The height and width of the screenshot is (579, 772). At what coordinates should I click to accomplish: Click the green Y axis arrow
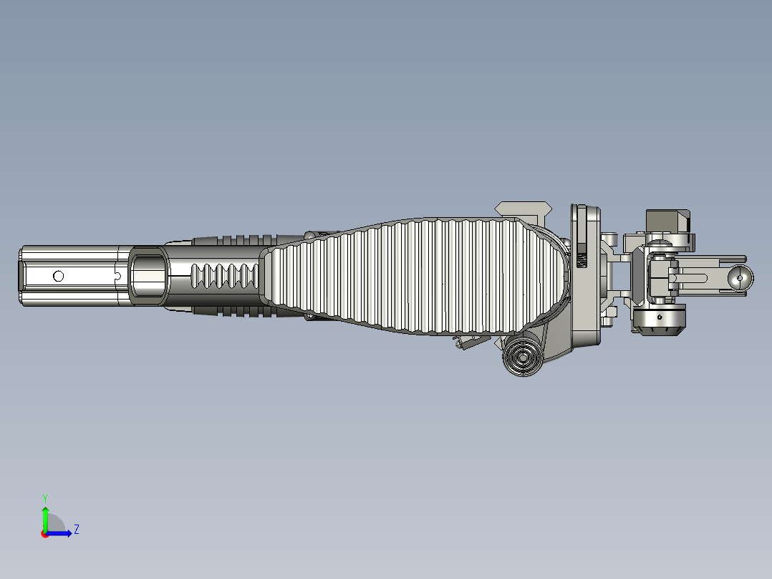pos(45,517)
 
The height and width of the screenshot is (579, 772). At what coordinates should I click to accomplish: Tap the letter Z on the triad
pos(76,530)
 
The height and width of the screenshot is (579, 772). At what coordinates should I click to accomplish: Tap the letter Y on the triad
pos(45,497)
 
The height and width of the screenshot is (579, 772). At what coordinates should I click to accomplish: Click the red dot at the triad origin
pos(45,534)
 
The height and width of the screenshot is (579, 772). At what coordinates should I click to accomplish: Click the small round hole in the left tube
pos(59,276)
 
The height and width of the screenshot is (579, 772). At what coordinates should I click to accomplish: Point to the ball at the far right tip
pos(741,277)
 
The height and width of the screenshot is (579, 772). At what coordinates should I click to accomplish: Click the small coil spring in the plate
pos(582,257)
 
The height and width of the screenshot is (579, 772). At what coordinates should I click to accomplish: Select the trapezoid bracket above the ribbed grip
pos(523,209)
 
